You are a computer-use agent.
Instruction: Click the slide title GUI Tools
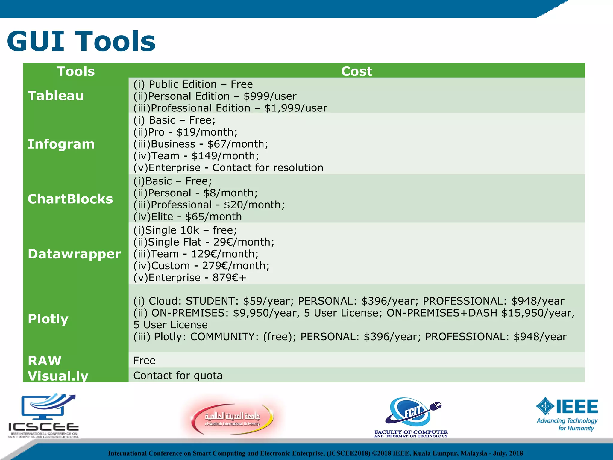81,41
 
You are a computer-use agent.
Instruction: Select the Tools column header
76,71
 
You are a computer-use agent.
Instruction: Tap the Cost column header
356,71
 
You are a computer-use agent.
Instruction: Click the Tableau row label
56,96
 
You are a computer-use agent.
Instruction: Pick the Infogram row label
61,144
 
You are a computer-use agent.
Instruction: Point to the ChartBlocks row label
70,199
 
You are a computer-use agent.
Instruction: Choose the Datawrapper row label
74,254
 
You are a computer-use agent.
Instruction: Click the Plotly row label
48,319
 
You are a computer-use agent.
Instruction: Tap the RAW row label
45,361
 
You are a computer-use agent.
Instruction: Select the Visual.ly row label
58,376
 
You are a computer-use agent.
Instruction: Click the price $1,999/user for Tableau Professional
296,108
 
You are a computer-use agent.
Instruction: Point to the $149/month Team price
225,156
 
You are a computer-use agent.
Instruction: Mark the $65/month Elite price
213,217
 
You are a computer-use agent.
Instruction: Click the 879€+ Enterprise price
229,278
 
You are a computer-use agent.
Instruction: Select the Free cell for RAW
144,361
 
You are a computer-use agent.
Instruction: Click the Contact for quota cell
178,376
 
